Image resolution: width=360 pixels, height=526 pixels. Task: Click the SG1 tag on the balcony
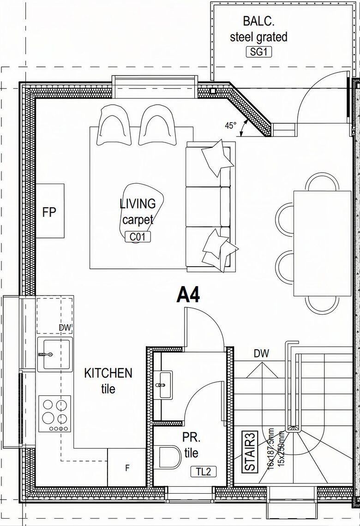[258, 52]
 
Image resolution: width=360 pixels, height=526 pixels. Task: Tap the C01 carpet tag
[138, 237]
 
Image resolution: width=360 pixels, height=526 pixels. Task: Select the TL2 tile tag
[204, 472]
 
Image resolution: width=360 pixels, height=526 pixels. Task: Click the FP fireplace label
[49, 212]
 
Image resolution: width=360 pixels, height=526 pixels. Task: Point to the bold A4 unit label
[188, 295]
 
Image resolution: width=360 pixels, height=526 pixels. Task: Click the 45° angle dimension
[230, 126]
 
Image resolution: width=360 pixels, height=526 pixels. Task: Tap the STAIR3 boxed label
[251, 452]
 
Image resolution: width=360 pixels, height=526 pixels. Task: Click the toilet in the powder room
[169, 457]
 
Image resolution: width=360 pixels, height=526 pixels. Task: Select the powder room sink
[163, 384]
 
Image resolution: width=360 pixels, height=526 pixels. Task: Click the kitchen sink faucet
[46, 354]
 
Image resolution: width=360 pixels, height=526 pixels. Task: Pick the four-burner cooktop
[54, 414]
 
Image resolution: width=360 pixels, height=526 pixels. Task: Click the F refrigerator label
[127, 467]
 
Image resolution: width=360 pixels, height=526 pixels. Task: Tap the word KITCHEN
[108, 373]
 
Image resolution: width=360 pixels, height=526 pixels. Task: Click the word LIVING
[138, 203]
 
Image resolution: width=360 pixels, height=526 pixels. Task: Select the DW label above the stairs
[261, 353]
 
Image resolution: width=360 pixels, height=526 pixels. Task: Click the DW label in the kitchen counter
[65, 328]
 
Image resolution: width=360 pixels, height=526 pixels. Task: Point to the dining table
[323, 244]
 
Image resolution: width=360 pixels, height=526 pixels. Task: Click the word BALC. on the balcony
[258, 21]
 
